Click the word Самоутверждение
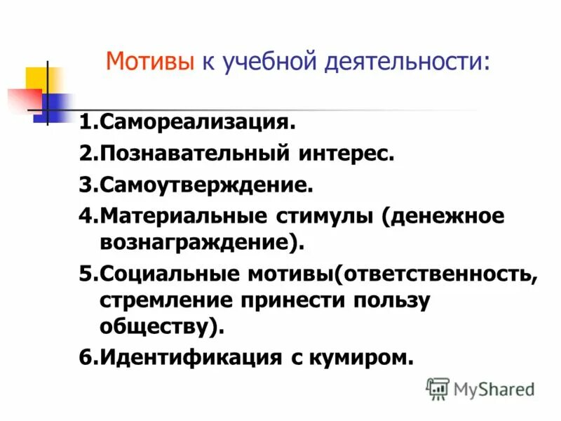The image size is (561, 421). tap(204, 185)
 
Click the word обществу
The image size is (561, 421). tap(158, 326)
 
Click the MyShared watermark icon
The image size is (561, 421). tap(438, 388)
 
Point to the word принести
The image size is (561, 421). tap(295, 300)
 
